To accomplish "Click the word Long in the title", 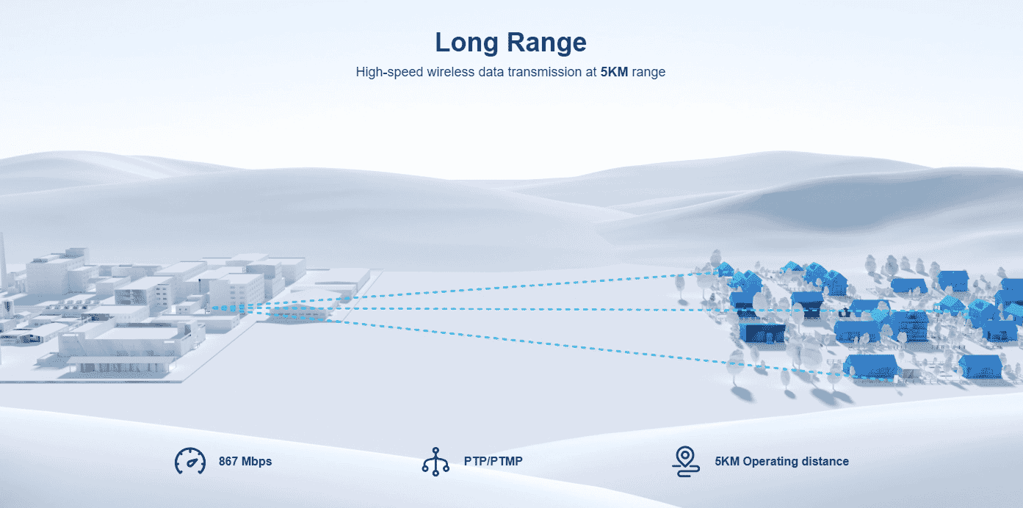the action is click(x=466, y=43).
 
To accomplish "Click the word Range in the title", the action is click(x=546, y=43).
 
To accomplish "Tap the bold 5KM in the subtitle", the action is click(x=614, y=72).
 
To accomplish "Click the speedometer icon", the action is click(x=190, y=461).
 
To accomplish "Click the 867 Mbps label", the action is click(x=245, y=462).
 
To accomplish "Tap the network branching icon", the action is click(x=435, y=462).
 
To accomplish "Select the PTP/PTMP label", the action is click(x=494, y=462).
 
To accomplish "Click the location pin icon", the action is click(x=685, y=462).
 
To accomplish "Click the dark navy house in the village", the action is click(x=762, y=333).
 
